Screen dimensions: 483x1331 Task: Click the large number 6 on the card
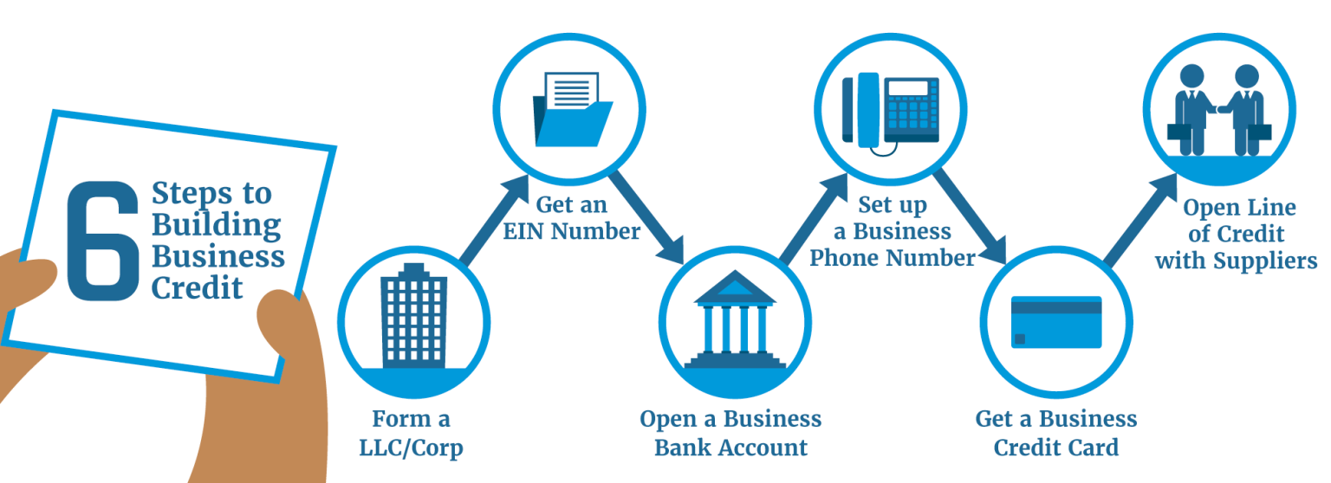(x=102, y=243)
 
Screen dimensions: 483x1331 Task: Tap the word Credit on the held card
(x=198, y=287)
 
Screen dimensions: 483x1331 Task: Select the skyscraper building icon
(x=413, y=321)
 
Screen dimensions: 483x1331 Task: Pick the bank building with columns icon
(x=735, y=320)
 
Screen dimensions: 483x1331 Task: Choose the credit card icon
(x=1056, y=321)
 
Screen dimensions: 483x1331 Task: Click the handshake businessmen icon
(x=1221, y=110)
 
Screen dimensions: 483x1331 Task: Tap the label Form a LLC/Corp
(x=412, y=434)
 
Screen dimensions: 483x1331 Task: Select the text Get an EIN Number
(x=572, y=218)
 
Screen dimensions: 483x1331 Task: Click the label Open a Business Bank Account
(x=730, y=433)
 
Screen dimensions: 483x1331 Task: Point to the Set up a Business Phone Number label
(x=893, y=231)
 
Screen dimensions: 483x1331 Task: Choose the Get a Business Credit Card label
(x=1056, y=433)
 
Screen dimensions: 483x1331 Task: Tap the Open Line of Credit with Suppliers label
(x=1237, y=234)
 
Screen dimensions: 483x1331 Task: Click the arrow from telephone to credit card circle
(x=973, y=216)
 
